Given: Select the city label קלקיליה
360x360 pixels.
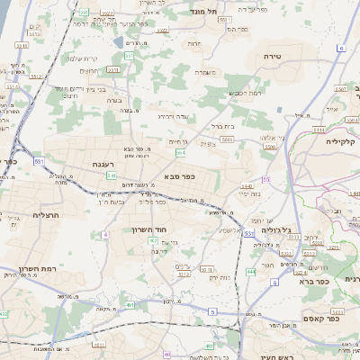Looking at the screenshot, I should click(343, 141).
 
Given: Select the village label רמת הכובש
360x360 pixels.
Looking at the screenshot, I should click(245, 94).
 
